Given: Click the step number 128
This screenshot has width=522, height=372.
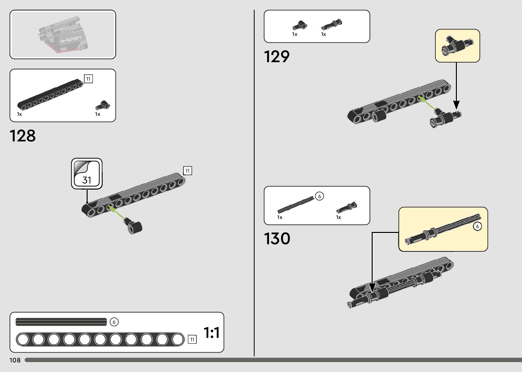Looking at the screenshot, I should pyautogui.click(x=23, y=136).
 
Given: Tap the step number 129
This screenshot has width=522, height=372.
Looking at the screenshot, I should pyautogui.click(x=277, y=57).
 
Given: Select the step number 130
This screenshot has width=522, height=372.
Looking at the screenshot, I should pyautogui.click(x=277, y=238).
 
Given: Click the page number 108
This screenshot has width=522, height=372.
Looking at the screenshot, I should pyautogui.click(x=15, y=360).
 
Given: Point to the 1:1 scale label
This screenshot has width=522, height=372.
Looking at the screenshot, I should pyautogui.click(x=211, y=332).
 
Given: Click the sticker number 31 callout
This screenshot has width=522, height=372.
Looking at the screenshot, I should pyautogui.click(x=87, y=173).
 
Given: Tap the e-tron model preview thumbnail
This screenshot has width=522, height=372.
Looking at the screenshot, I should pyautogui.click(x=63, y=35).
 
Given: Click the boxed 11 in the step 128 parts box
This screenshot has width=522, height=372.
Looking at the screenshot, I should pyautogui.click(x=88, y=79).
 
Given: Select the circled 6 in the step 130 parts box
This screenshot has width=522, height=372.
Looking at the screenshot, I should pyautogui.click(x=319, y=196).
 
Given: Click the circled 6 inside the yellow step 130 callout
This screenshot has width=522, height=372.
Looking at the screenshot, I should pyautogui.click(x=477, y=226).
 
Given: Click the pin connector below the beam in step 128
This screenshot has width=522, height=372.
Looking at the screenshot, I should pyautogui.click(x=134, y=225).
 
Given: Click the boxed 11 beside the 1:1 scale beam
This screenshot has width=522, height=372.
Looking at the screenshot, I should pyautogui.click(x=192, y=339).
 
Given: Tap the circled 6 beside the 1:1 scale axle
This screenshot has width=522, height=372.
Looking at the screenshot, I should pyautogui.click(x=114, y=322).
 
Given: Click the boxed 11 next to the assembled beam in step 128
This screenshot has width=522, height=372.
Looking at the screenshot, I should pyautogui.click(x=188, y=170).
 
